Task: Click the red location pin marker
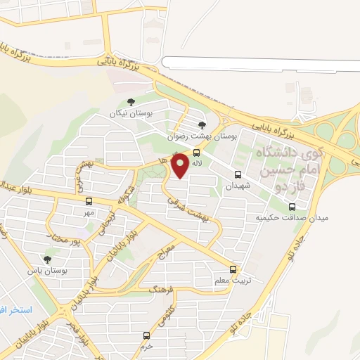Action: [181, 166]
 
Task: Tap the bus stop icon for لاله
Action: [196, 152]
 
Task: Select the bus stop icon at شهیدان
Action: [238, 174]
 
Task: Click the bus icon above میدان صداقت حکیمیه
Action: [292, 207]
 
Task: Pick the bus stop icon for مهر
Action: [89, 202]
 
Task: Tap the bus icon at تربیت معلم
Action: [233, 269]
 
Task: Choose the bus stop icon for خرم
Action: [146, 335]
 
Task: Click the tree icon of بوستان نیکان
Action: [130, 102]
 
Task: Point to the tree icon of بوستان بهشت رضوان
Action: [202, 124]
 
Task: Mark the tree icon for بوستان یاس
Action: [48, 259]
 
